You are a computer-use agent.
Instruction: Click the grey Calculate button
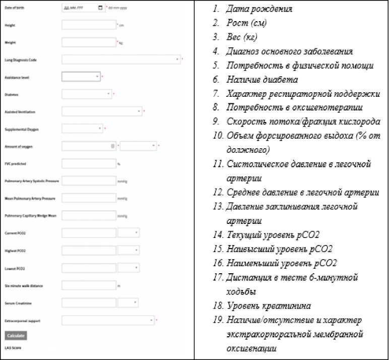(16, 335)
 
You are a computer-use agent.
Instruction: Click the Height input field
(89, 25)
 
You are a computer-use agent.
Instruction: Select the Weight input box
(89, 42)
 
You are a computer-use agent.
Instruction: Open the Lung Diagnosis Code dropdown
(121, 59)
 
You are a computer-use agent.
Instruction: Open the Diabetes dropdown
(86, 94)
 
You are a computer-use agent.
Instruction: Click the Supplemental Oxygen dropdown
(82, 129)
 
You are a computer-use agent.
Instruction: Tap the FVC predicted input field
(89, 163)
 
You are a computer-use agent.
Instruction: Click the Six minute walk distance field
(89, 285)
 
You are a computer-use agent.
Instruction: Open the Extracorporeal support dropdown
(108, 320)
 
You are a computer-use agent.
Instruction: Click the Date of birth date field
(83, 8)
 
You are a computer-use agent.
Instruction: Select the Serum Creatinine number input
(89, 303)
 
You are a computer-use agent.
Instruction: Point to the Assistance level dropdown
(81, 77)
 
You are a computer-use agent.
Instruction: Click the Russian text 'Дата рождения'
(259, 9)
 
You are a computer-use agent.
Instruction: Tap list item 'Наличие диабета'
(262, 80)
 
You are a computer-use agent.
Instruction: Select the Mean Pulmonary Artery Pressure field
(89, 198)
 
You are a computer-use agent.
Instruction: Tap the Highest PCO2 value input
(89, 251)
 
